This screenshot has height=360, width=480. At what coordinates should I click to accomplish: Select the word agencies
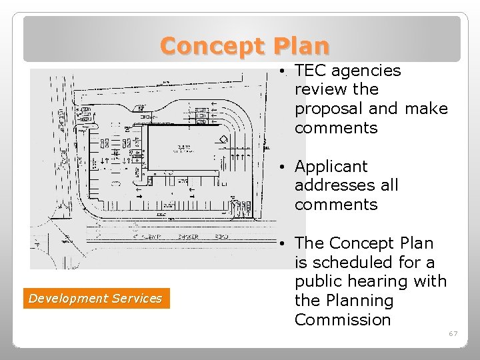coord(367,71)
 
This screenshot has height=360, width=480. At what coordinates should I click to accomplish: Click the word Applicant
coord(331,166)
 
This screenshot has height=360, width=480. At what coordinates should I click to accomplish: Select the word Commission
coord(343,320)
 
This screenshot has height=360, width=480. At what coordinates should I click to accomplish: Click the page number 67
coord(453,333)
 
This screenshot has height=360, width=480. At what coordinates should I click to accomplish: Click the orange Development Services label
coord(95,299)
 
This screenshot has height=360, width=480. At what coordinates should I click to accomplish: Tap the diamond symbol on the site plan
coord(224,139)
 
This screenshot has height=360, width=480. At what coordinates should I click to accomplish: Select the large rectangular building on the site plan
coord(187,148)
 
